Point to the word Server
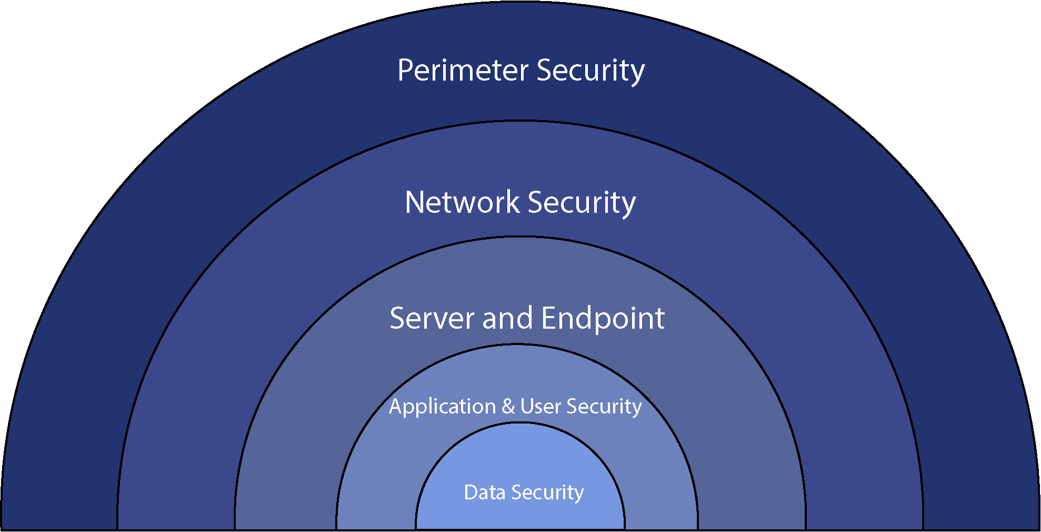coord(432,318)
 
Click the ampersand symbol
coord(508,407)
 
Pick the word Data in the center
coord(484,492)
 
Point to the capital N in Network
coord(414,202)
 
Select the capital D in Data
coord(471,492)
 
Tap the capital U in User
coord(527,406)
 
